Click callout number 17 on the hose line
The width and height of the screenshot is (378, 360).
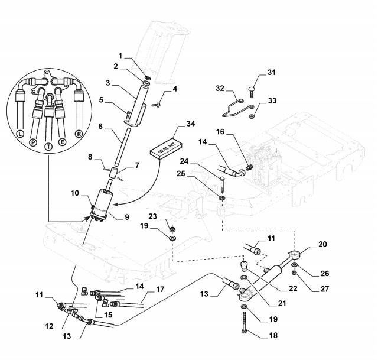click(160, 289)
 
